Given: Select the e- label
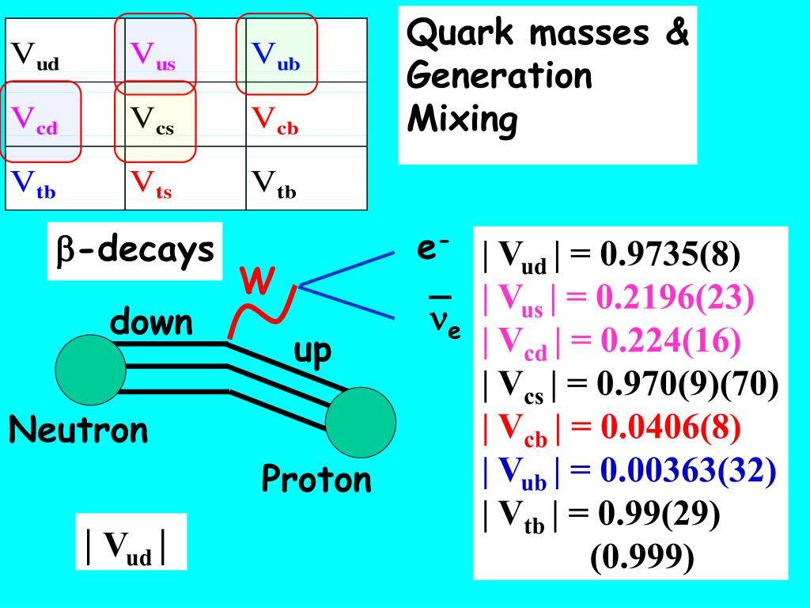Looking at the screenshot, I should [433, 249].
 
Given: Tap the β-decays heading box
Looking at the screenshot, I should [135, 250].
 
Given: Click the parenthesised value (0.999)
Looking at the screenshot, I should [642, 557].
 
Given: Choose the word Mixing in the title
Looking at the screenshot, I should [462, 120].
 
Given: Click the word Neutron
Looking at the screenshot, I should [78, 431].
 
